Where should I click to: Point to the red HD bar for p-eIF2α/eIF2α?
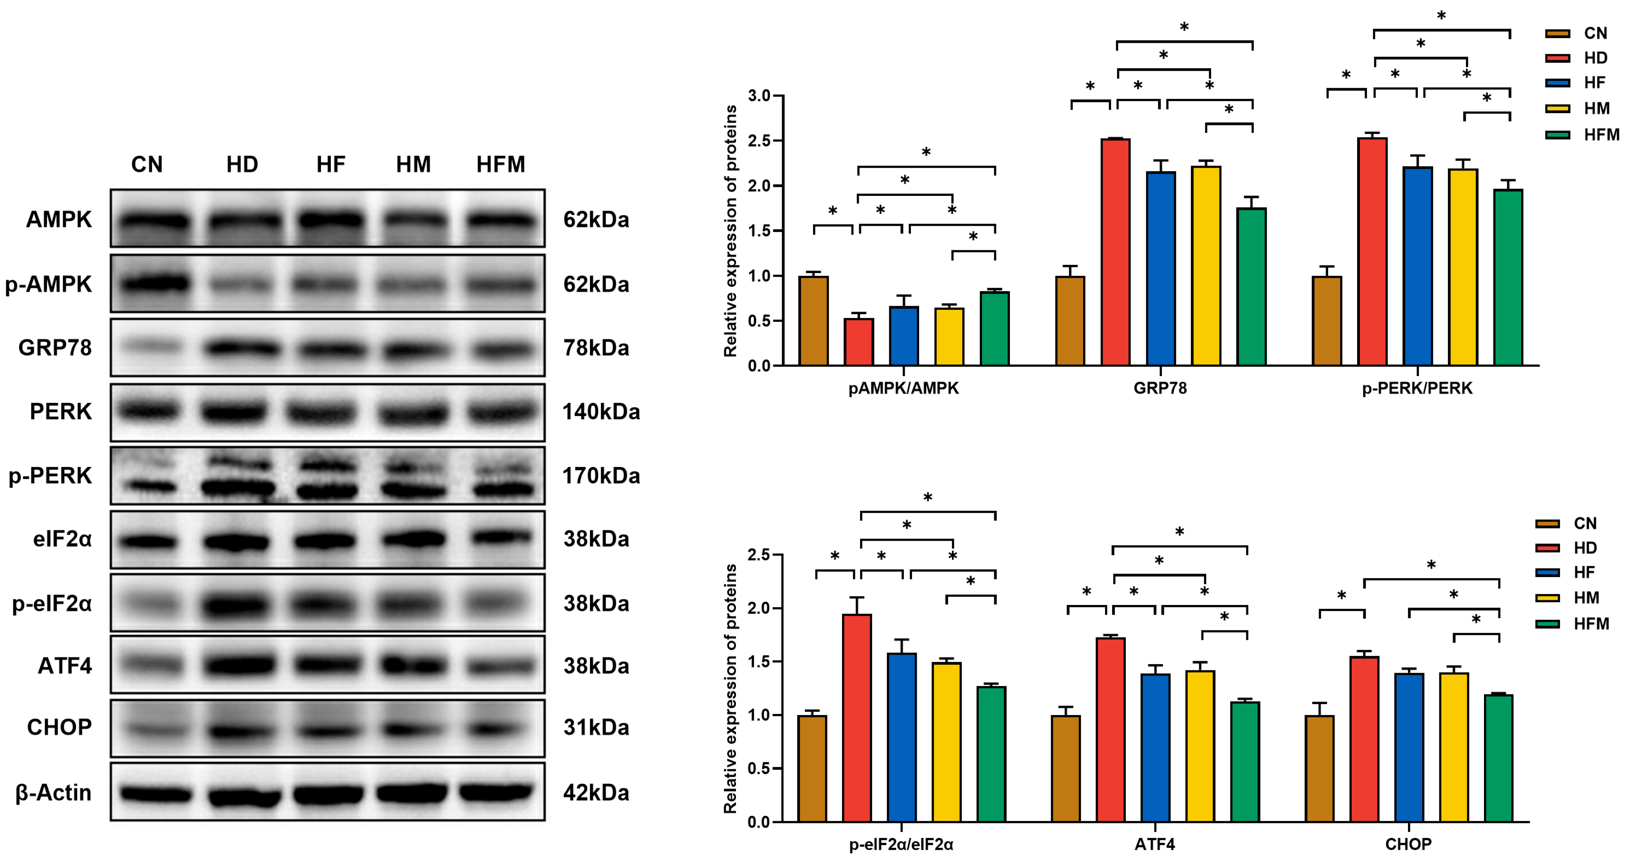click(857, 718)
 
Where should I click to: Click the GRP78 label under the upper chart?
click(1160, 387)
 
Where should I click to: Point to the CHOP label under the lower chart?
click(1408, 844)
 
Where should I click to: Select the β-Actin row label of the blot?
click(53, 792)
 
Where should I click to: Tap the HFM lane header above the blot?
click(501, 165)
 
